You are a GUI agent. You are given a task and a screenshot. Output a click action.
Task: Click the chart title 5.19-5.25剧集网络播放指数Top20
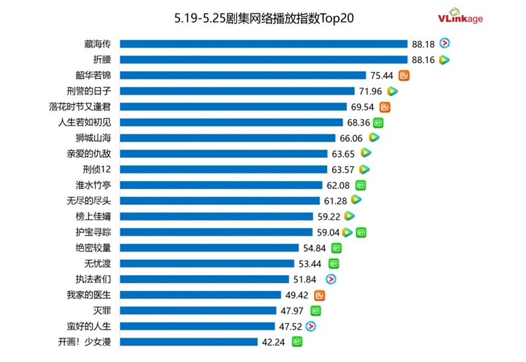tap(264, 18)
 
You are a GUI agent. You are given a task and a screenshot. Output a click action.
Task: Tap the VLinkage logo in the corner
tap(460, 18)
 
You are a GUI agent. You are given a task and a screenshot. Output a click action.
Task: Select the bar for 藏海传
tap(264, 44)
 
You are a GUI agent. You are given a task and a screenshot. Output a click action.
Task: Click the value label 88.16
tap(423, 60)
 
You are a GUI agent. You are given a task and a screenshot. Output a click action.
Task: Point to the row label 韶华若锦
tap(93, 75)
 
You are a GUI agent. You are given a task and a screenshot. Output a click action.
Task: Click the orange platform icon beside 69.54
tap(386, 107)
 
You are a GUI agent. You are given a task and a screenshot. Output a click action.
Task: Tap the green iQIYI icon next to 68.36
tap(378, 122)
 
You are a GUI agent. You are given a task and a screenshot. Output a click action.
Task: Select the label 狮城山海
tap(93, 138)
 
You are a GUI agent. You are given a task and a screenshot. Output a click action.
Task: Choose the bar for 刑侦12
tap(224, 170)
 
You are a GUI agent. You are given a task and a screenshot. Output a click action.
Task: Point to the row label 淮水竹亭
tap(93, 186)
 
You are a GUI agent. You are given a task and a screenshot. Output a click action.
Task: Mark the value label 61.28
tap(335, 200)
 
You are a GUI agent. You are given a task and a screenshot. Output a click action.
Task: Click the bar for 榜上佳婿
tap(217, 216)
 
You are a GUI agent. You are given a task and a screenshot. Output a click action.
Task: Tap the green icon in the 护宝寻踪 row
tap(360, 232)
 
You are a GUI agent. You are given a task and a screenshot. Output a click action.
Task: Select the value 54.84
tap(314, 248)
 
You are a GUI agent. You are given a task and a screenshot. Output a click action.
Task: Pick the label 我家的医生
tap(89, 295)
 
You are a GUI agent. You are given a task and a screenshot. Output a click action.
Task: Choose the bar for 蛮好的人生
tap(198, 326)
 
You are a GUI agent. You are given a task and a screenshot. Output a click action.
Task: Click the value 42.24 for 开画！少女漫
tap(273, 342)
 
